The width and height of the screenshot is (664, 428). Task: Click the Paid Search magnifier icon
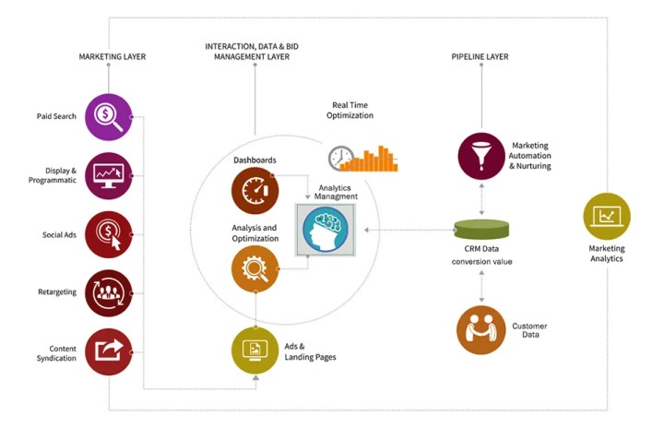109,117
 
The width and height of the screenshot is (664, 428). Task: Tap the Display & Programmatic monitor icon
109,175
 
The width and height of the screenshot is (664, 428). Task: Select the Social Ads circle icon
109,234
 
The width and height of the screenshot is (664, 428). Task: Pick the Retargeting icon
109,292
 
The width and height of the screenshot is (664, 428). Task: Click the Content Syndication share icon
109,351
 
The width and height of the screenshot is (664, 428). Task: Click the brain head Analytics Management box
322,230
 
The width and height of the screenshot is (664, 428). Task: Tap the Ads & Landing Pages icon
255,351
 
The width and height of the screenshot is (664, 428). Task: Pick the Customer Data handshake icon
480,329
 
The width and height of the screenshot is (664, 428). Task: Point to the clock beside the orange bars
341,158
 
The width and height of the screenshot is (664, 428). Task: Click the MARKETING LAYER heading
113,57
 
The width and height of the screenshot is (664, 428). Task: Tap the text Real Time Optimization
350,110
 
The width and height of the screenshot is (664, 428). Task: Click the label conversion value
481,261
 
